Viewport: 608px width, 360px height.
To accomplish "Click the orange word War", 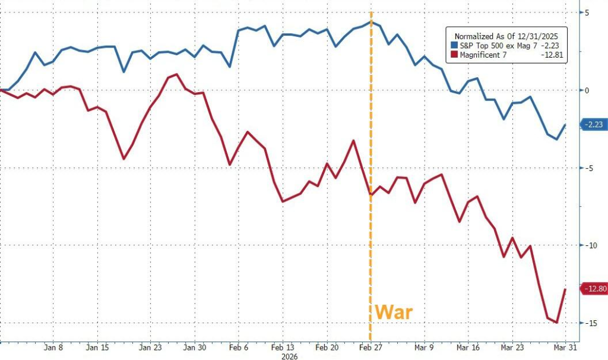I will [x=394, y=312].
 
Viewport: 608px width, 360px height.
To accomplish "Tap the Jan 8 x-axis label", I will [x=53, y=348].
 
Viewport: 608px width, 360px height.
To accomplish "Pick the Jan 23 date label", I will [x=150, y=348].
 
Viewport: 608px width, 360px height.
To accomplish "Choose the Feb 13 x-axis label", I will [x=283, y=348].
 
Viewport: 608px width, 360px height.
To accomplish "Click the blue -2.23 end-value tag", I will [x=593, y=125].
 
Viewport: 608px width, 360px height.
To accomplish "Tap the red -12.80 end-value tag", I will [x=594, y=289].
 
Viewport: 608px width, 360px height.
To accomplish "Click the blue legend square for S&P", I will [x=454, y=45].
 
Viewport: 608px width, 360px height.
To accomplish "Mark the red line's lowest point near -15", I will [x=556, y=323].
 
